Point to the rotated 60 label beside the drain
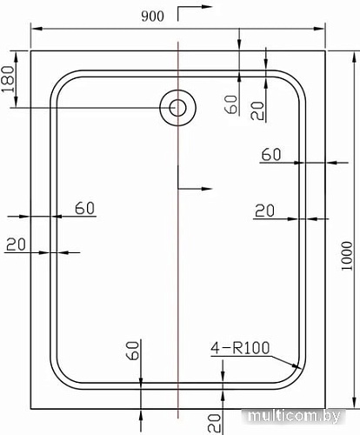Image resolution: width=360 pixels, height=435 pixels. click(x=231, y=104)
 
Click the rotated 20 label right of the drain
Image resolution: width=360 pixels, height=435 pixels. click(x=256, y=110)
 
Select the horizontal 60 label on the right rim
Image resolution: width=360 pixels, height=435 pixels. click(x=270, y=154)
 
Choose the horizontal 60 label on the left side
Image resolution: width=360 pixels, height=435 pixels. click(x=84, y=208)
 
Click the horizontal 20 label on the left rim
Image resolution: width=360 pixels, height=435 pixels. click(x=16, y=244)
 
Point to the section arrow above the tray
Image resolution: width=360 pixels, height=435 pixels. click(x=191, y=15)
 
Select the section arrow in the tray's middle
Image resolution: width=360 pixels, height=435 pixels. click(x=193, y=187)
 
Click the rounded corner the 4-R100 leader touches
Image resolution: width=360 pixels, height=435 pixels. click(x=296, y=377)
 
